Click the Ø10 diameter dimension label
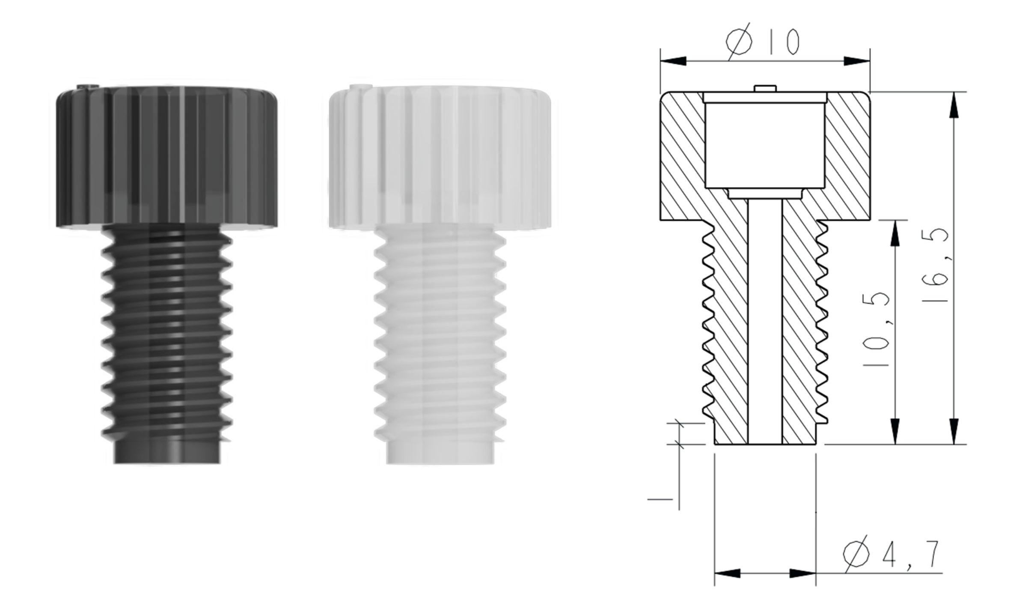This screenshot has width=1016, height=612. [762, 41]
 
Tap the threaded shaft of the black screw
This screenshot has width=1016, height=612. [167, 332]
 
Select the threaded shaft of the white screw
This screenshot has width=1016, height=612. [440, 332]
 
